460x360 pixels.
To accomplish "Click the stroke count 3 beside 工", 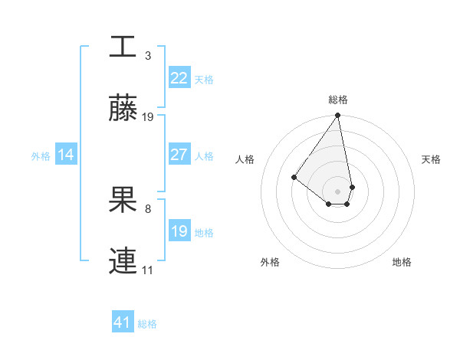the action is (x=148, y=55).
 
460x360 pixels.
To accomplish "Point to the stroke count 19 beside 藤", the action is (x=148, y=117).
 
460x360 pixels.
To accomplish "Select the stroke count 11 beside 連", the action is (x=148, y=270).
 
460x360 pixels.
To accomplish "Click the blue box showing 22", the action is (x=179, y=78).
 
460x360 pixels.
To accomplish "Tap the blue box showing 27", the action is (x=179, y=155).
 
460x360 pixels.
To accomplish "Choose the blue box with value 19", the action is (x=179, y=231).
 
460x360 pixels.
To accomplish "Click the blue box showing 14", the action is (x=66, y=155).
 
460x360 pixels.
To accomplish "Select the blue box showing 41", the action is (x=123, y=322).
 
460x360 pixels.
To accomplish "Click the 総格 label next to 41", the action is (x=147, y=324).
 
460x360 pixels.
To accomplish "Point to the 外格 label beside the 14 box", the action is (x=41, y=155).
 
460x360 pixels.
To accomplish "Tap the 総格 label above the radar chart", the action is (x=337, y=100).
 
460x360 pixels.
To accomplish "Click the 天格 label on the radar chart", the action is (x=431, y=159).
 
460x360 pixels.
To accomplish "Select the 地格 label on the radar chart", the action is (x=402, y=262).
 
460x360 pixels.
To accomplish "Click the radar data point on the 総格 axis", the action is (x=337, y=116).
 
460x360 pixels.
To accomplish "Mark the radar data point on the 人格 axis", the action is (x=294, y=177).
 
